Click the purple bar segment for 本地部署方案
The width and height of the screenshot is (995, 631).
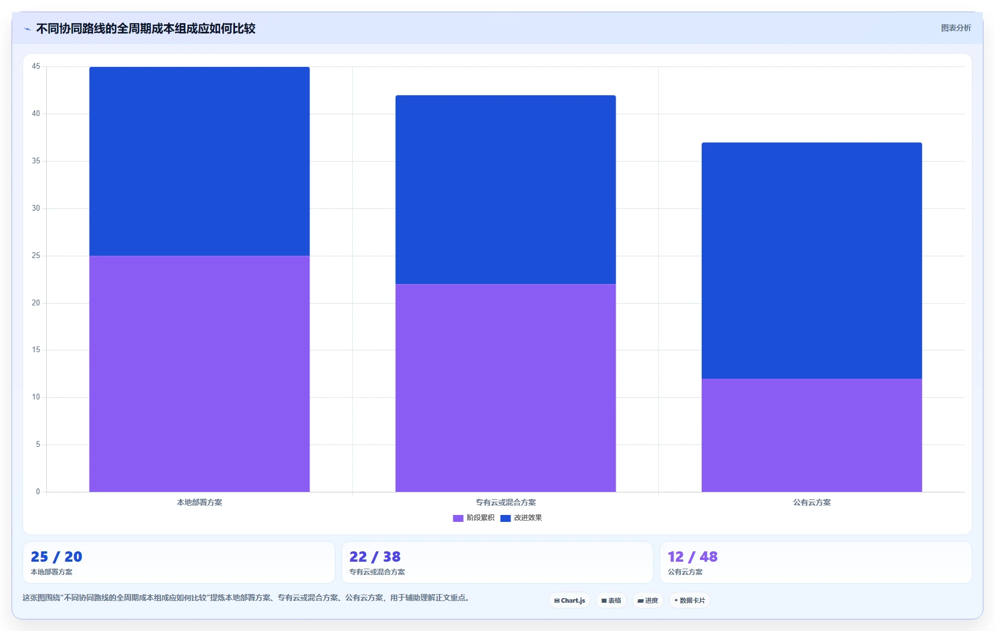click(199, 374)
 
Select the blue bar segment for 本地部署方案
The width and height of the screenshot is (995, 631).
click(199, 161)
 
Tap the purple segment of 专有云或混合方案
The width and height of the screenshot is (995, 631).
click(505, 388)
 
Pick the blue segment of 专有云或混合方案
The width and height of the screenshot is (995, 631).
click(505, 189)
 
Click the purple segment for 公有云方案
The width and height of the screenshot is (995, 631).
click(811, 435)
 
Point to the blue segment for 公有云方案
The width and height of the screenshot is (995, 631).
click(811, 260)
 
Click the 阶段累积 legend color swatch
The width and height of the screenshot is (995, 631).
click(458, 518)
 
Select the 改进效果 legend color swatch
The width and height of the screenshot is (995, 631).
click(505, 518)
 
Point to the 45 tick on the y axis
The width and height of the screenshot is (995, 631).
click(36, 66)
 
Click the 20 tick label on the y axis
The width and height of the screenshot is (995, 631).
click(36, 303)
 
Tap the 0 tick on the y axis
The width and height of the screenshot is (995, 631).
click(38, 492)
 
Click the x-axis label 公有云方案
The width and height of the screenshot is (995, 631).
click(811, 502)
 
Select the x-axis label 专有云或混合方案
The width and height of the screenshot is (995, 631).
click(505, 502)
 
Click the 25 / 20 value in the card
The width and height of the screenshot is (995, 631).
click(57, 557)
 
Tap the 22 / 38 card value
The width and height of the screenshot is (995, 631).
click(375, 557)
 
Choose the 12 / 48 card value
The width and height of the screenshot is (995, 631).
click(692, 557)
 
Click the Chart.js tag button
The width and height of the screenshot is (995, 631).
click(569, 600)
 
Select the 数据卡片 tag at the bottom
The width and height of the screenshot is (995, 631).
click(690, 600)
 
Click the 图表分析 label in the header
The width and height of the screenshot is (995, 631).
click(956, 28)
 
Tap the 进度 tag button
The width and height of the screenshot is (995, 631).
click(647, 600)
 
